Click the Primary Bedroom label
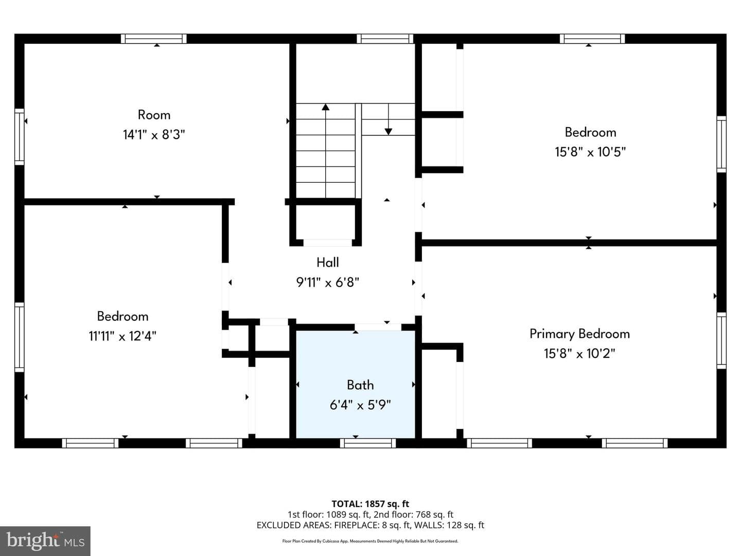pos(579,334)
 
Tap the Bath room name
pos(360,385)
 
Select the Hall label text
pos(327,263)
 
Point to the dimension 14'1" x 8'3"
pos(154,135)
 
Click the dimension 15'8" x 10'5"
pos(590,152)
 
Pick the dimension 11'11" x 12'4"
pos(122,336)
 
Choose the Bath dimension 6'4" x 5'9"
pos(360,405)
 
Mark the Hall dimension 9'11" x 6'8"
pos(327,282)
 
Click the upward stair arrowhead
pos(325,107)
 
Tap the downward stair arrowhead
pos(388,132)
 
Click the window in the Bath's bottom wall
pos(367,443)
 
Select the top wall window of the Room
pos(153,39)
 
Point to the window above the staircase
pos(385,39)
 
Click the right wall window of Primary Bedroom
pos(721,340)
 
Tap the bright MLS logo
pos(45,541)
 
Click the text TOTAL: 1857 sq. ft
pos(370,504)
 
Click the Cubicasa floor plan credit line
pos(370,541)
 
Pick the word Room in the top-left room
pos(154,115)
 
